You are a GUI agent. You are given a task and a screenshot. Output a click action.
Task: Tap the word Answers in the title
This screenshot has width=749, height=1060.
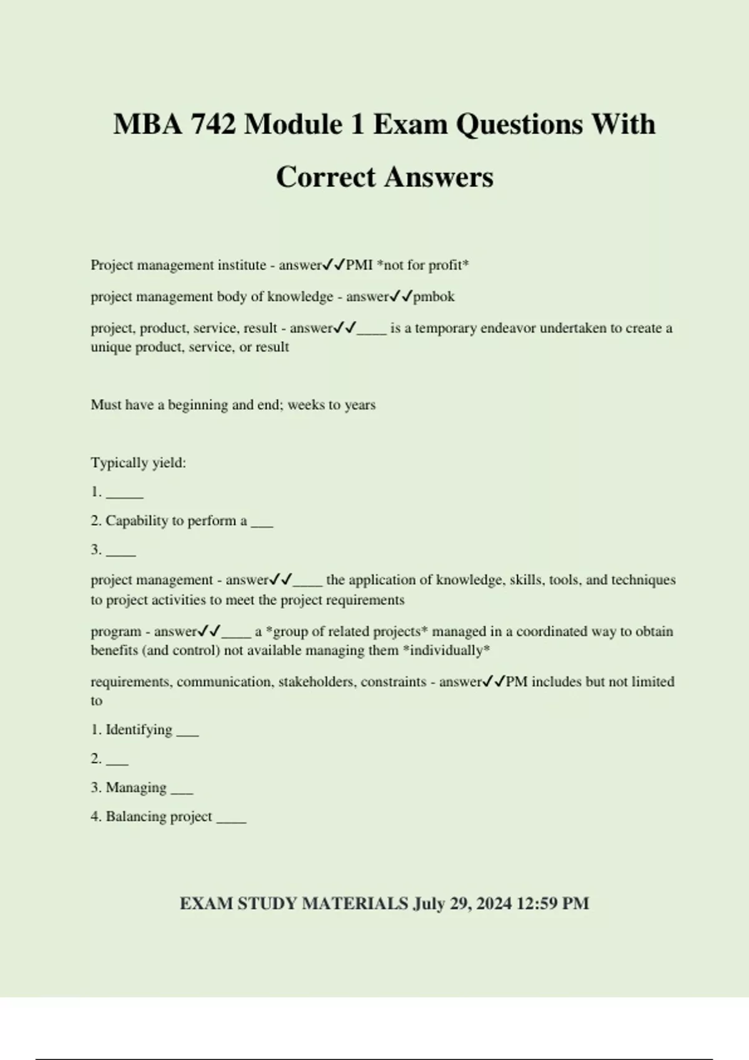tap(439, 177)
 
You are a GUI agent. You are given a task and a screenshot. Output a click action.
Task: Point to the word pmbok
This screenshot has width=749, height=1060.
tap(434, 297)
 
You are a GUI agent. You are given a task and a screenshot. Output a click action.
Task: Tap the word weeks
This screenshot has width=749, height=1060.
tap(305, 405)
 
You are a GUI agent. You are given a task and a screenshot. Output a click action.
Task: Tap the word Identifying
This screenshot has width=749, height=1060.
tap(139, 730)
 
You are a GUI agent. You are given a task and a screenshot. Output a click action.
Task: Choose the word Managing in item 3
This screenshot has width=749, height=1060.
tap(136, 788)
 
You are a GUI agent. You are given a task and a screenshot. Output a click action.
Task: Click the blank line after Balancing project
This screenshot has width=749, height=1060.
tap(231, 820)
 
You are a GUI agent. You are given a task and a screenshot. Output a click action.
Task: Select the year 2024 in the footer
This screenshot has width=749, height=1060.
tap(494, 903)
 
